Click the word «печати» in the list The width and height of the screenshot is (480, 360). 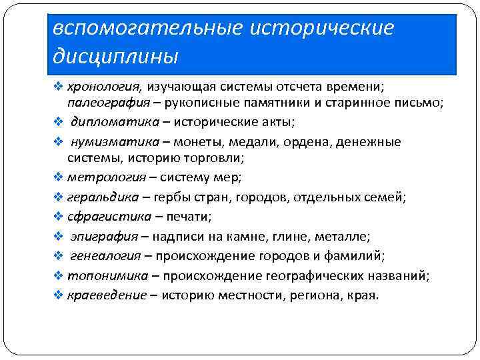[192, 217]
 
